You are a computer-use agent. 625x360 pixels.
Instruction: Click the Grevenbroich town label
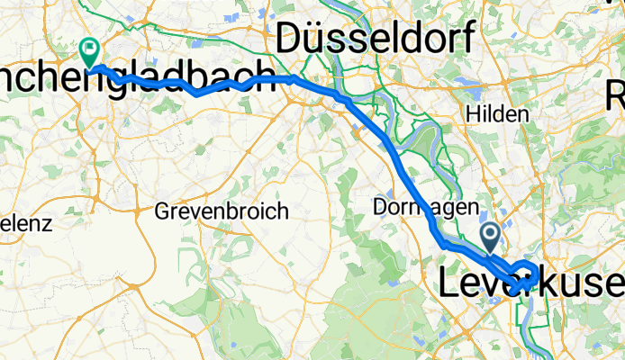222,212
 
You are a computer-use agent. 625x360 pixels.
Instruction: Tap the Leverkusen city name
531,283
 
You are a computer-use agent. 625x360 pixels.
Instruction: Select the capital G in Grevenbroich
162,212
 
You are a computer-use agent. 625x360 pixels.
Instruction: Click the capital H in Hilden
472,114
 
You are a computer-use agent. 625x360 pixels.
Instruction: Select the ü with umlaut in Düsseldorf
318,38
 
